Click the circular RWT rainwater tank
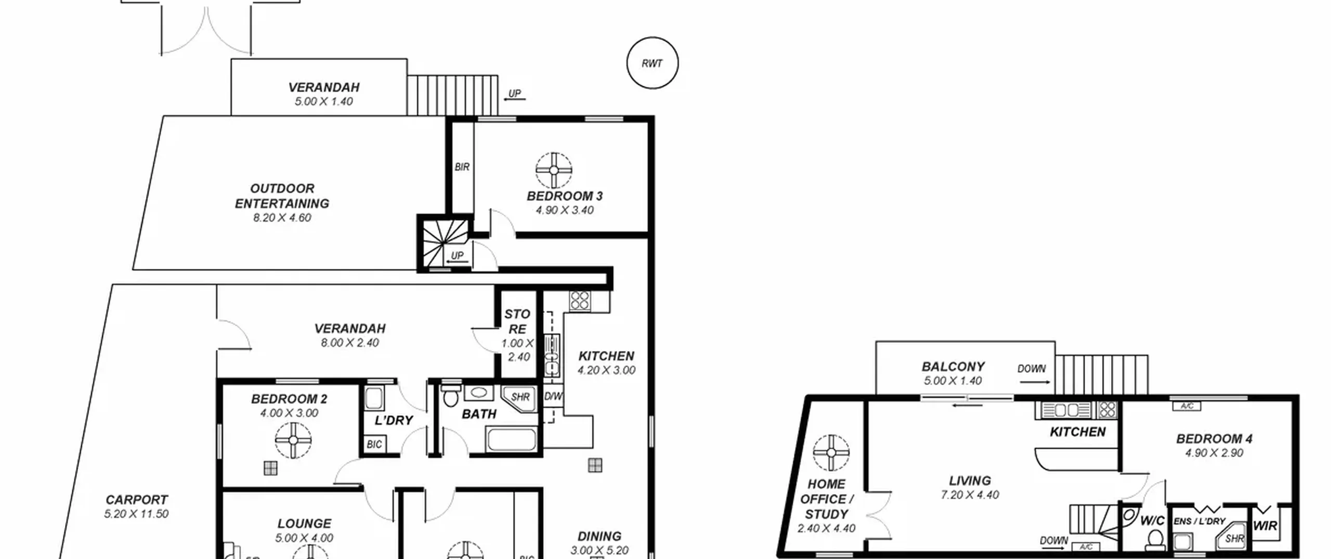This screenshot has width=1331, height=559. pos(652,63)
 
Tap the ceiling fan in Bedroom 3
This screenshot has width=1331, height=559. pos(554,170)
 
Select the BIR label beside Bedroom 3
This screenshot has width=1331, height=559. pos(462,167)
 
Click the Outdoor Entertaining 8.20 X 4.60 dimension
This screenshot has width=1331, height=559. pos(282,218)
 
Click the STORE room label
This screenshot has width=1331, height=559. pos(517,321)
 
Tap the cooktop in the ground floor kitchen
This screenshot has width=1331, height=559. pos(580,301)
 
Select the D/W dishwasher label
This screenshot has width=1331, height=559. pos(553,396)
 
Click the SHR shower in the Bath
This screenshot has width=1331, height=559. pos(518,398)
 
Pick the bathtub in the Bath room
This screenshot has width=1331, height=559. pos(511,440)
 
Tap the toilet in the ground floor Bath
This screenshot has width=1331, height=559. pos(450,396)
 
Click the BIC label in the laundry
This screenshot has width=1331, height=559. pos(374,445)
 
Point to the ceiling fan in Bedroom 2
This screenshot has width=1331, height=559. pos(293,440)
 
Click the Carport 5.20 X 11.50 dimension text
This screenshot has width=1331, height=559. pos(136,514)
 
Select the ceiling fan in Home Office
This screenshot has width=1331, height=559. pos(831,452)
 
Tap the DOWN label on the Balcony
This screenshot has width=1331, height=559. pos(1032,369)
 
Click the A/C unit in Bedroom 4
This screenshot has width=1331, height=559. pos(1186,406)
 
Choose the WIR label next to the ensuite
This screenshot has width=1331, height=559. pos(1264,526)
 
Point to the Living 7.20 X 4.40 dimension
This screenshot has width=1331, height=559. pos(970,495)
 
